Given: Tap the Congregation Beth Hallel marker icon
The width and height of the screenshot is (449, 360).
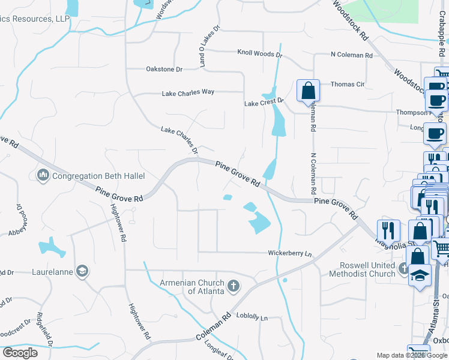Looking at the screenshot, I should pos(43,175).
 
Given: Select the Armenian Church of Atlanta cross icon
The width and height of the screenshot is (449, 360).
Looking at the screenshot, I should pos(233,286).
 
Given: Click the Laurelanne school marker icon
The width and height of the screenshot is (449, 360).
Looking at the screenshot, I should pos(83,271).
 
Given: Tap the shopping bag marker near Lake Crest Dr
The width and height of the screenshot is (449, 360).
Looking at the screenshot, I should pos(308,92).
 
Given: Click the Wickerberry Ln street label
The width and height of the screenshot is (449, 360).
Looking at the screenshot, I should pos(291,254).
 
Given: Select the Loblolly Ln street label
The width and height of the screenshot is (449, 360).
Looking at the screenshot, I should pos(252,316).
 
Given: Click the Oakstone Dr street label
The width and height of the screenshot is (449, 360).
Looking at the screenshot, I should pos(164,69).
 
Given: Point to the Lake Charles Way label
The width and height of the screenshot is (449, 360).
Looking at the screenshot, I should pos(188,93).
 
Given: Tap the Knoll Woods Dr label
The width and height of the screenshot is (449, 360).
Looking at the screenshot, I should pos(259,53).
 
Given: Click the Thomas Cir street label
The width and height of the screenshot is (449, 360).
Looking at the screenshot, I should pos(347,85).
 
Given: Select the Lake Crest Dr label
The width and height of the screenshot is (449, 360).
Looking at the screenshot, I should pos(263,103).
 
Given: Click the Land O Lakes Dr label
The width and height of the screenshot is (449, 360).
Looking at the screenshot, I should pos(202,46).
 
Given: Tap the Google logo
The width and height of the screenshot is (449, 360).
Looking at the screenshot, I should pos(20,352).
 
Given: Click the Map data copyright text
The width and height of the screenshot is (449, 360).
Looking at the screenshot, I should pos(411,355).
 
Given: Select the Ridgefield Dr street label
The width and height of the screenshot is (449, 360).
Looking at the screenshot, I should pos(45,329).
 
